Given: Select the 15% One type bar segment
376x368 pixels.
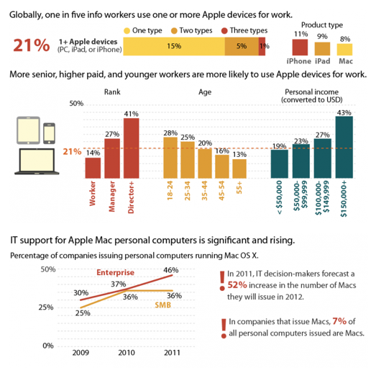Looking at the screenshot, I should (173, 46).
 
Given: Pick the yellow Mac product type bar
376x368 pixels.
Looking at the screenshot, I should (345, 50).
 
